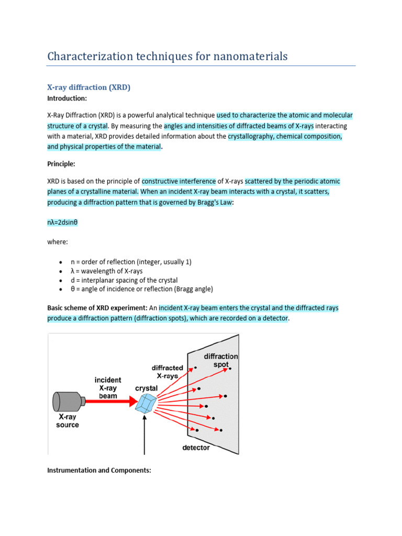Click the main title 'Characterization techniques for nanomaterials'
click(167, 56)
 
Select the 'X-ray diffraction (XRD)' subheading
click(88, 87)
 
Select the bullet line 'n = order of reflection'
click(127, 262)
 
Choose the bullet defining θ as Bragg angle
click(142, 289)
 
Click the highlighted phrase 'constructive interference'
click(178, 181)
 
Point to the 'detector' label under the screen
click(196, 448)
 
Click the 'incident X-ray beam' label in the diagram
click(108, 387)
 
